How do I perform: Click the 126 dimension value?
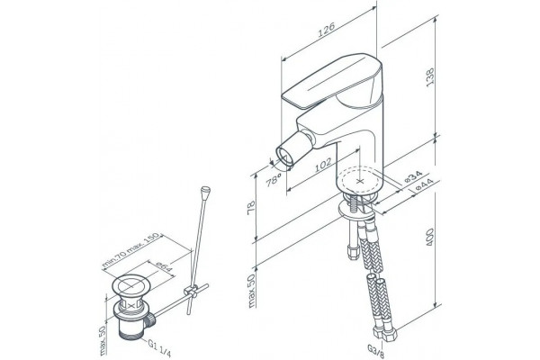coord(326,30)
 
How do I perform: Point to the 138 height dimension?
coord(430,77)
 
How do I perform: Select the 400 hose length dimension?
coord(430,237)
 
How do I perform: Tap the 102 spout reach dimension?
coord(323,164)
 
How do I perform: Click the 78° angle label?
coord(274,180)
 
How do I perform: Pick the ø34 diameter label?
coord(413,176)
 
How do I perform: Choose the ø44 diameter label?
coord(424,185)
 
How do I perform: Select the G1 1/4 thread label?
coord(159,348)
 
